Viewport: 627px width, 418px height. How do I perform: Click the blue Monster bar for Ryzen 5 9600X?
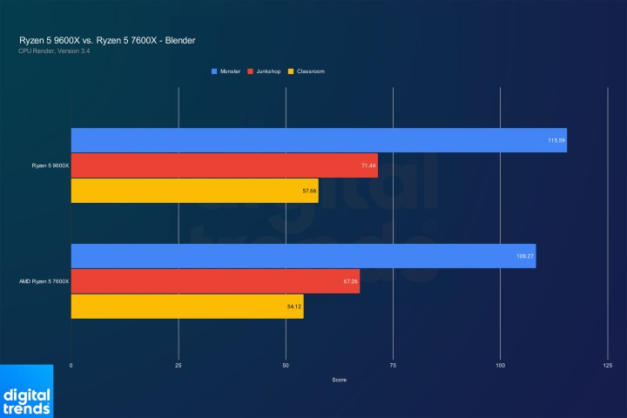point(318,140)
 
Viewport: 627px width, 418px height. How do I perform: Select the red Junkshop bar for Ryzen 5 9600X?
point(224,165)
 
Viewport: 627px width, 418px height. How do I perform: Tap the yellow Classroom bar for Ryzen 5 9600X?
point(194,190)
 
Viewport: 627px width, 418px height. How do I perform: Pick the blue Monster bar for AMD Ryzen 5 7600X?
point(302,256)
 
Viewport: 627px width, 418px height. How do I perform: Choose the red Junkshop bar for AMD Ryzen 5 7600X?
point(214,281)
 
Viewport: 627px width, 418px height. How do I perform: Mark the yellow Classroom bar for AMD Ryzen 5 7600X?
point(186,307)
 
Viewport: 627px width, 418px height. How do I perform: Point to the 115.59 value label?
point(556,140)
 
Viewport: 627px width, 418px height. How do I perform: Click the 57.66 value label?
point(308,190)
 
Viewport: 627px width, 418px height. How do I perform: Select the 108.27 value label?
point(525,256)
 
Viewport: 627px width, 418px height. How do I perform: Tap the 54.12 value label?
point(293,307)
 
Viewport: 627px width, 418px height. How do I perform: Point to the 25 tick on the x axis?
point(178,366)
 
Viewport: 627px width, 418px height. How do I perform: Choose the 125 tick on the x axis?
point(607,366)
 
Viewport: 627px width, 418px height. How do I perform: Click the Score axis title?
point(339,381)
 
